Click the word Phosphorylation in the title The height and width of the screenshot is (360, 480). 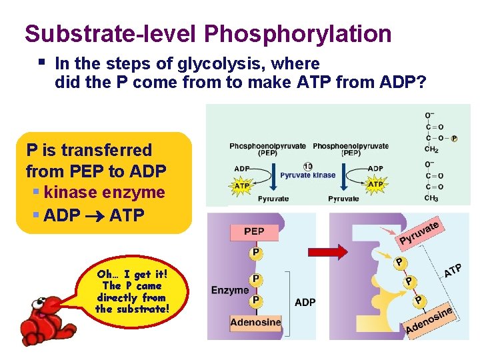[x=298, y=33]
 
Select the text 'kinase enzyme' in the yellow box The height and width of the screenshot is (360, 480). [x=103, y=193]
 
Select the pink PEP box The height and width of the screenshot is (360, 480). [x=254, y=232]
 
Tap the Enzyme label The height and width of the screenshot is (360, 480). [x=230, y=290]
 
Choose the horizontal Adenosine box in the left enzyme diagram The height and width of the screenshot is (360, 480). [x=255, y=323]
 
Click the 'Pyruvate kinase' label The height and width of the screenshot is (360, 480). [x=308, y=175]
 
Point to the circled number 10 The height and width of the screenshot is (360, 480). [x=308, y=166]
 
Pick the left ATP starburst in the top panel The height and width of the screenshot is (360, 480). [x=240, y=185]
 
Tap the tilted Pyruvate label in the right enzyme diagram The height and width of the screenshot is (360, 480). [x=419, y=233]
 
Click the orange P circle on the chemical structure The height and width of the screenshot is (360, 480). [x=453, y=139]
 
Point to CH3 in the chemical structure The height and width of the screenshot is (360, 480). [x=432, y=199]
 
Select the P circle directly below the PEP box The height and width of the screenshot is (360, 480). [x=255, y=253]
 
